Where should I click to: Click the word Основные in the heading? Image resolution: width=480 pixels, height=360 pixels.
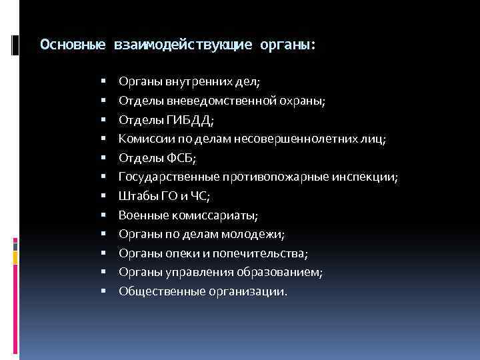pos(72,45)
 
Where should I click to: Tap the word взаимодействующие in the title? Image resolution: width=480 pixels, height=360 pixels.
pos(183,45)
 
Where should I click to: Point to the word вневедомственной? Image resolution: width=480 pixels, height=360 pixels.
pos(211,101)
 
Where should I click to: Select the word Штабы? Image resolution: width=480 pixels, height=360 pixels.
pos(135,196)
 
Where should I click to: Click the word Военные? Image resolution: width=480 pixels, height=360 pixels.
pos(141,215)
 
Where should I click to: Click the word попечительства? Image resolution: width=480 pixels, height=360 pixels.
pos(262,253)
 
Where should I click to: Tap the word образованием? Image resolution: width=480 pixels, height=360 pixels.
pos(287,273)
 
